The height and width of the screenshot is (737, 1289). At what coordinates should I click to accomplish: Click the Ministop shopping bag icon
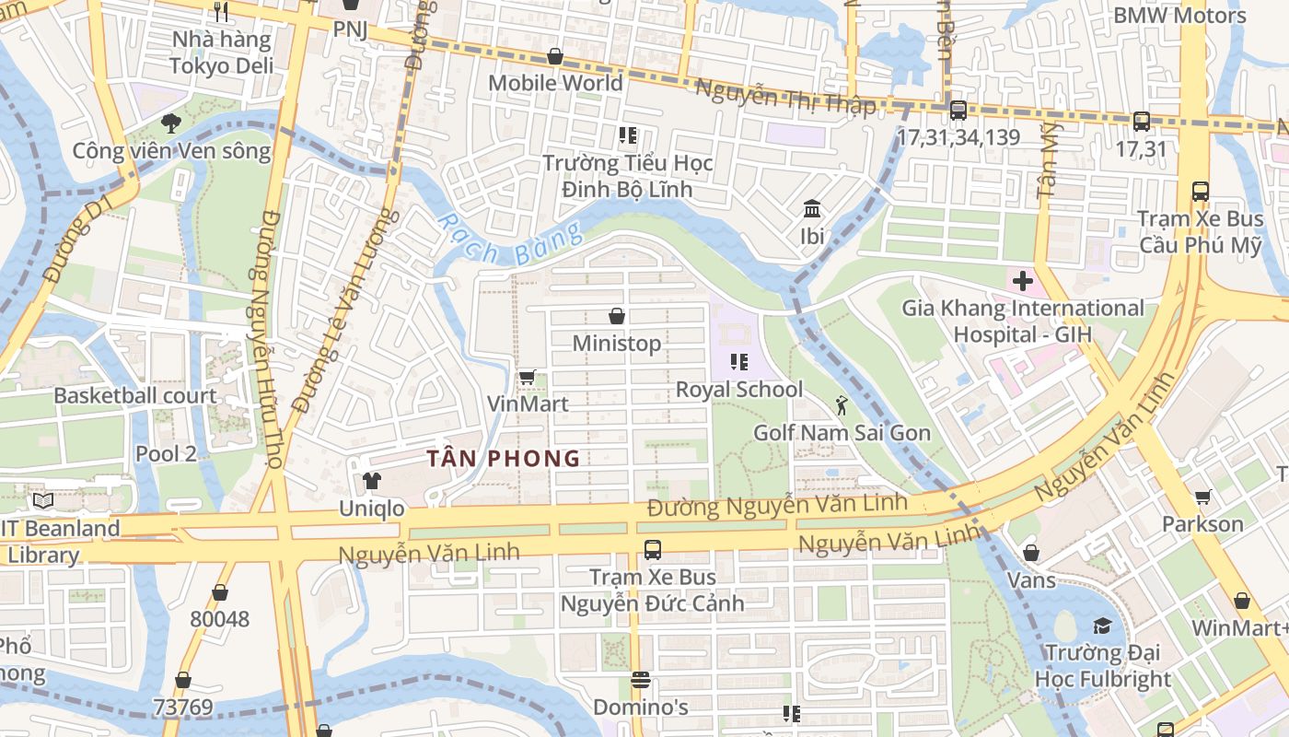pos(617,317)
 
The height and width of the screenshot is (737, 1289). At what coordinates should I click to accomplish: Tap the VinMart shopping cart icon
pos(527,377)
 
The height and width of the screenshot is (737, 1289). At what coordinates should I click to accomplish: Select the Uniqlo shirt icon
pos(371,481)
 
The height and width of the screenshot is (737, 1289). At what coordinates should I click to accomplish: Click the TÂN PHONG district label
pos(504,458)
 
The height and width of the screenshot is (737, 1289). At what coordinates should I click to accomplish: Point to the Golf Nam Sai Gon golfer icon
pos(841,405)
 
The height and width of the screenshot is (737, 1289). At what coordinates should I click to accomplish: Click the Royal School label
pos(739,390)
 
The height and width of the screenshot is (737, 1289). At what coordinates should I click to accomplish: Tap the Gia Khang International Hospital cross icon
pos(1023,281)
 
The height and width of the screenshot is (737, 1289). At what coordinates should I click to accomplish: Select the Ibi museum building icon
pos(812,209)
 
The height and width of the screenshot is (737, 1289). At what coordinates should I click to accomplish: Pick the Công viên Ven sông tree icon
pos(170,123)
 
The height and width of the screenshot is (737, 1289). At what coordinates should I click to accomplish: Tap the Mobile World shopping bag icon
pos(555,56)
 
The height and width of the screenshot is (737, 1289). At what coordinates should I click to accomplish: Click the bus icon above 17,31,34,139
pos(958,111)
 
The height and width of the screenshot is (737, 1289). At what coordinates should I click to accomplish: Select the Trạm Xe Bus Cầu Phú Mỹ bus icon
pos(1200,192)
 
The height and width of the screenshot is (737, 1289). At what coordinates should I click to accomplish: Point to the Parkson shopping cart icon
pos(1202,497)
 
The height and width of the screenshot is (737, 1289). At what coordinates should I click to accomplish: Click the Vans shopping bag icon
pos(1031,553)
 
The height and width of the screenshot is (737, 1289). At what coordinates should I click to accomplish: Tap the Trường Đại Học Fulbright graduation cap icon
pos(1102,626)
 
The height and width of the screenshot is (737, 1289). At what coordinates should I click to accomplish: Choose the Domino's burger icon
pos(641,681)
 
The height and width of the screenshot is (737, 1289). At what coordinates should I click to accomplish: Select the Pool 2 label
pos(166,453)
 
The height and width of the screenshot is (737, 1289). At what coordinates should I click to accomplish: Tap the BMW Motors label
pos(1179,15)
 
